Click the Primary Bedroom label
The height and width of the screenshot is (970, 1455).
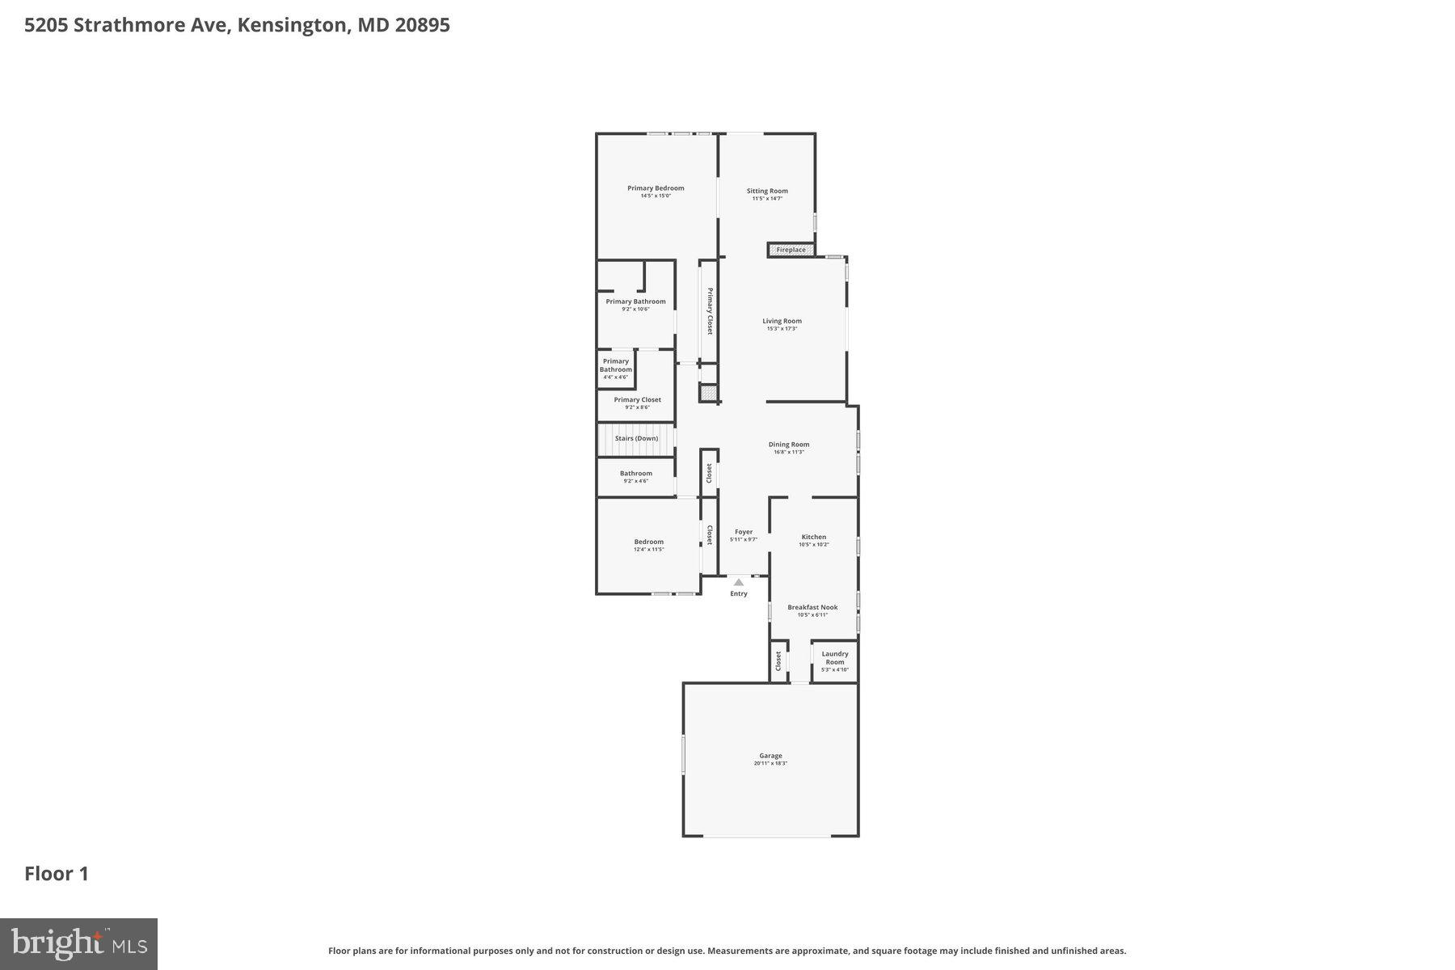[x=656, y=188]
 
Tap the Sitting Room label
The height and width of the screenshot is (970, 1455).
[x=767, y=192]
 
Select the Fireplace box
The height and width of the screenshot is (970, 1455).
[x=791, y=250]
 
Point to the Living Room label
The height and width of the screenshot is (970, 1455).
[x=782, y=321]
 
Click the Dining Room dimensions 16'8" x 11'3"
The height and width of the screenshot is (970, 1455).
[x=789, y=452]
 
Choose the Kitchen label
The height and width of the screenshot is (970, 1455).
[x=813, y=537]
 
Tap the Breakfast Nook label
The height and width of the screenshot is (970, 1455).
[x=812, y=607]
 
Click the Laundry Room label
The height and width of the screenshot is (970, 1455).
[x=834, y=658]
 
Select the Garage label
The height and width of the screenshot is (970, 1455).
[x=770, y=756]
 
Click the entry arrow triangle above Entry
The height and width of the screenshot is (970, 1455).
[x=738, y=582]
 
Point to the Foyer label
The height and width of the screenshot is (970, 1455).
[x=744, y=532]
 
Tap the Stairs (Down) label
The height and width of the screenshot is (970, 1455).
[x=636, y=438]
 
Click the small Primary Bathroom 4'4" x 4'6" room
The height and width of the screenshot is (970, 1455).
[x=616, y=369]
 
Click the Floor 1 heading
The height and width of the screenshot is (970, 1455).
[x=57, y=874]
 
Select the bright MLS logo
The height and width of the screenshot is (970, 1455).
[x=78, y=943]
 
